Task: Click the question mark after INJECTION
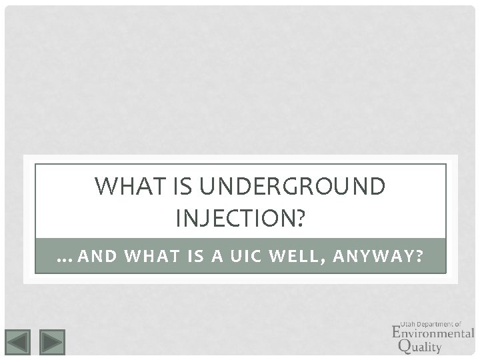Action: (x=297, y=217)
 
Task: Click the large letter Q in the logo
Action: (x=403, y=344)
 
